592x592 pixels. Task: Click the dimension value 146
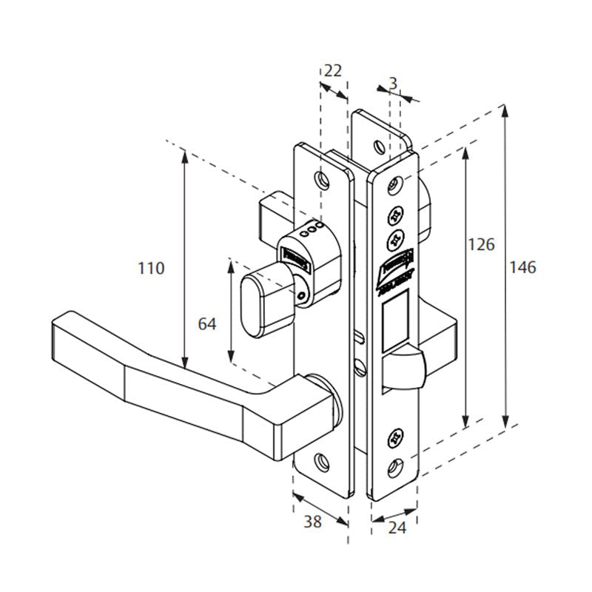point(522,267)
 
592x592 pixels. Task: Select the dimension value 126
point(482,244)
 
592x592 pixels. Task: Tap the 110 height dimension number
point(151,268)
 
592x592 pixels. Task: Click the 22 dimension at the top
point(334,70)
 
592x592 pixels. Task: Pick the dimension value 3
point(393,84)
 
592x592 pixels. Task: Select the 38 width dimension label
point(313,522)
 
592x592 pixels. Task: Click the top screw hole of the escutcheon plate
point(320,179)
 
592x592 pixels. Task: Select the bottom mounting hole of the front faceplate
point(395,464)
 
